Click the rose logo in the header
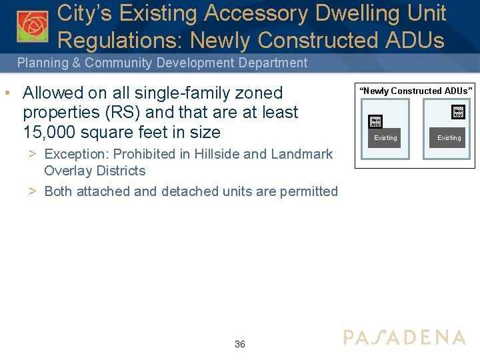pyautogui.click(x=32, y=25)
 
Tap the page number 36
pyautogui.click(x=240, y=344)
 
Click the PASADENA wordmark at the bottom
pyautogui.click(x=405, y=337)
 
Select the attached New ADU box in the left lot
pyautogui.click(x=375, y=121)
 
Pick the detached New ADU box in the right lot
pyautogui.click(x=458, y=111)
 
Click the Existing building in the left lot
pyautogui.click(x=385, y=137)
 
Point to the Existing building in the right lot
pyautogui.click(x=449, y=137)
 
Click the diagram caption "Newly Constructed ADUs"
pyautogui.click(x=416, y=91)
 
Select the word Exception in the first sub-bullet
pyautogui.click(x=75, y=154)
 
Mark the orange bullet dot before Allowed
pyautogui.click(x=6, y=93)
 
